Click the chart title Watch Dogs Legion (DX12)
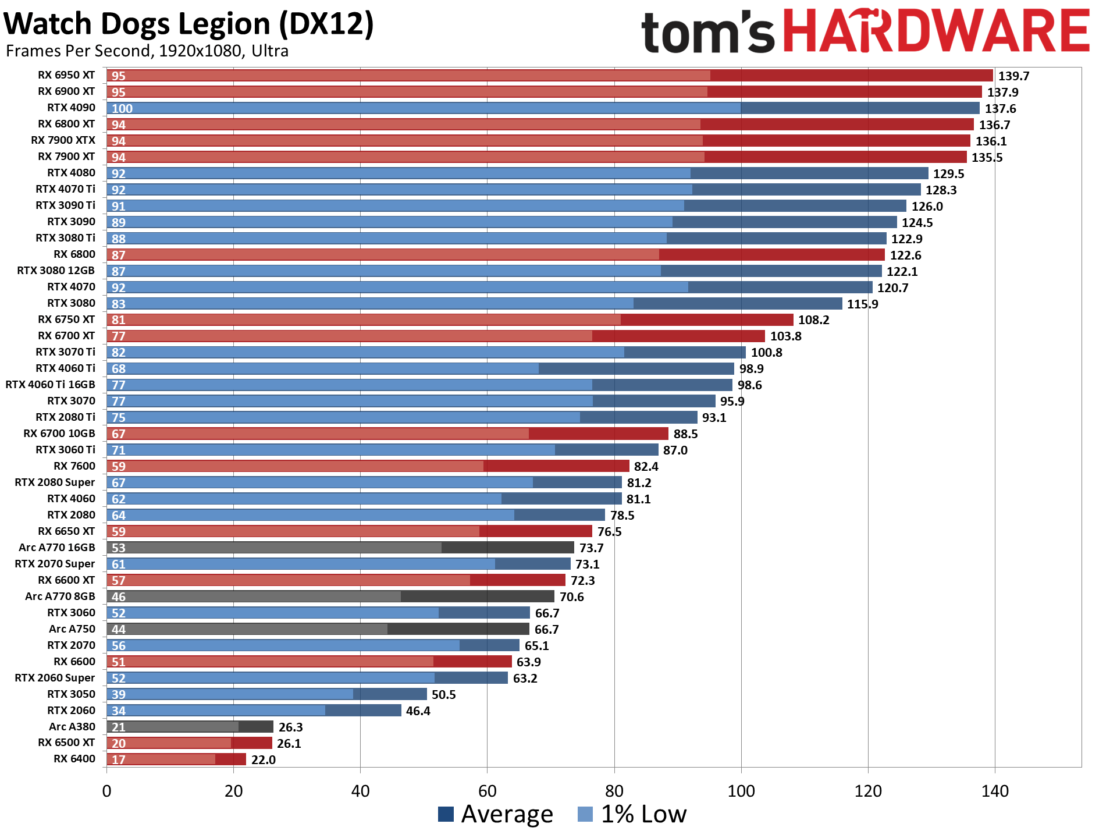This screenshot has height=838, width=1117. point(188,24)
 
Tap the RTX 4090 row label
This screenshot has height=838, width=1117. point(71,108)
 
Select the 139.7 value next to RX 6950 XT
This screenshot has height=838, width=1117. point(1013,76)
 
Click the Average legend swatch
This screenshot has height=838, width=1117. point(446,814)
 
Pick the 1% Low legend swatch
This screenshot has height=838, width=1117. point(585,814)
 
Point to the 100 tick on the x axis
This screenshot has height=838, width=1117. point(741,791)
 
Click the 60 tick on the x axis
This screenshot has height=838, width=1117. point(487,791)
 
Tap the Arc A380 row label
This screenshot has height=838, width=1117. point(72,727)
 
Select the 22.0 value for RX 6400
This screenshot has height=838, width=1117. point(263,760)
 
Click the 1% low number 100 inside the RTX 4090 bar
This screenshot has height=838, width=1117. point(122,109)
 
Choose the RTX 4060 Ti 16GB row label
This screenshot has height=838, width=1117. point(50,385)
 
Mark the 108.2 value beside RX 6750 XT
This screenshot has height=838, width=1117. point(813,320)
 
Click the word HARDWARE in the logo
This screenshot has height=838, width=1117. point(936,31)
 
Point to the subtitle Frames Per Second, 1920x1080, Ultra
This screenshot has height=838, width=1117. point(147,51)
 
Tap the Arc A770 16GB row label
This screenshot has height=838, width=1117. point(56,548)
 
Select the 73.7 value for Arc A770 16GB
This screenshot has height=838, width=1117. point(591,548)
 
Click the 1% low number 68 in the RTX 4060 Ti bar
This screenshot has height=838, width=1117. point(119,369)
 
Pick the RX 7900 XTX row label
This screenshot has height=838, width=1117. point(63,140)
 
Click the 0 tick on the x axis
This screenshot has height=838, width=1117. point(106,791)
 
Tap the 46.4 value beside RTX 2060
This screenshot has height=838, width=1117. point(418,711)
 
